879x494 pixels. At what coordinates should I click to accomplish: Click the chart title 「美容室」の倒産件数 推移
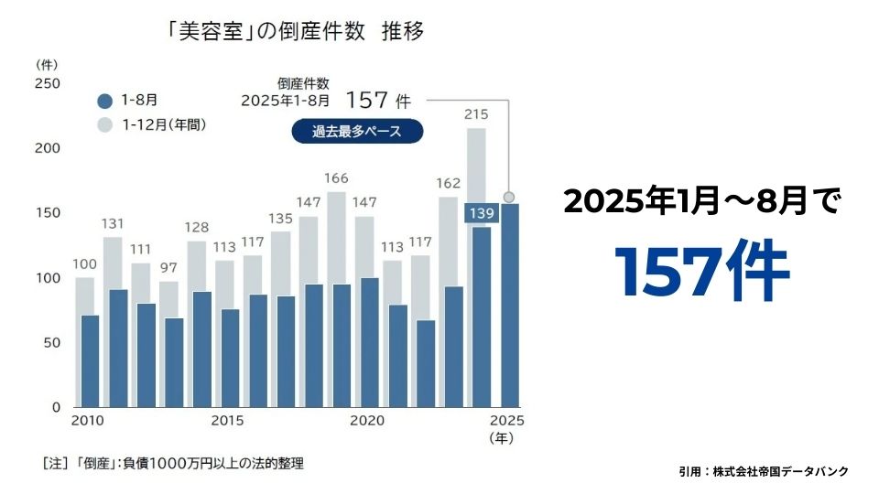pyautogui.click(x=296, y=31)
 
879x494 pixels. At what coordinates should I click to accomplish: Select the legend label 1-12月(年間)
pyautogui.click(x=165, y=124)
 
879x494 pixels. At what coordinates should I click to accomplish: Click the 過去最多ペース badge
pyautogui.click(x=357, y=131)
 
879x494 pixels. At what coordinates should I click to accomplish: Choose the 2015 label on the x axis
pyautogui.click(x=226, y=421)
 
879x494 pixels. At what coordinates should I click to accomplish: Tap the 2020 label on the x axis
pyautogui.click(x=367, y=421)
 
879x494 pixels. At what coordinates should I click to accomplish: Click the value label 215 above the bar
pyautogui.click(x=476, y=114)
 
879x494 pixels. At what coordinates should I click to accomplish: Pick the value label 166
pyautogui.click(x=337, y=178)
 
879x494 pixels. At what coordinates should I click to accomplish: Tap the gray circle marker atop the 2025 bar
pyautogui.click(x=509, y=197)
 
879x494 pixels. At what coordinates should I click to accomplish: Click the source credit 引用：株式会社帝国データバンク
pyautogui.click(x=764, y=471)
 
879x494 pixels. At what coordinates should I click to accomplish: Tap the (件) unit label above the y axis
pyautogui.click(x=47, y=65)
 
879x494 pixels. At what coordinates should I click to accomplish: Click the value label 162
pyautogui.click(x=449, y=183)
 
